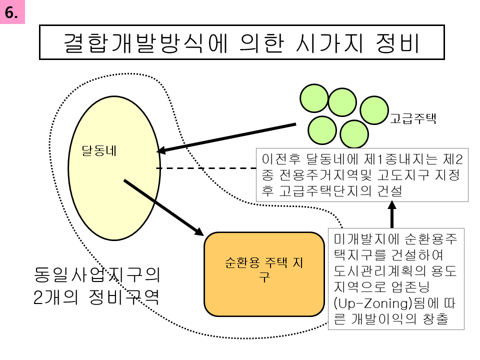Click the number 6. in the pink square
[x=11, y=12]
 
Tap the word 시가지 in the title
[x=329, y=43]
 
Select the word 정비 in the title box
[x=397, y=43]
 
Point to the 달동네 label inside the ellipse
[x=99, y=150]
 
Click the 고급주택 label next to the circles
[x=412, y=118]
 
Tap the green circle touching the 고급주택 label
[x=374, y=110]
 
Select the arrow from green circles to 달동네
[x=226, y=138]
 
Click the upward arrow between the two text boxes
[x=392, y=214]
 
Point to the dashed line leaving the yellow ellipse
[x=206, y=168]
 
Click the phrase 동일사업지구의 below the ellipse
[x=96, y=274]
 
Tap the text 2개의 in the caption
[x=55, y=297]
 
